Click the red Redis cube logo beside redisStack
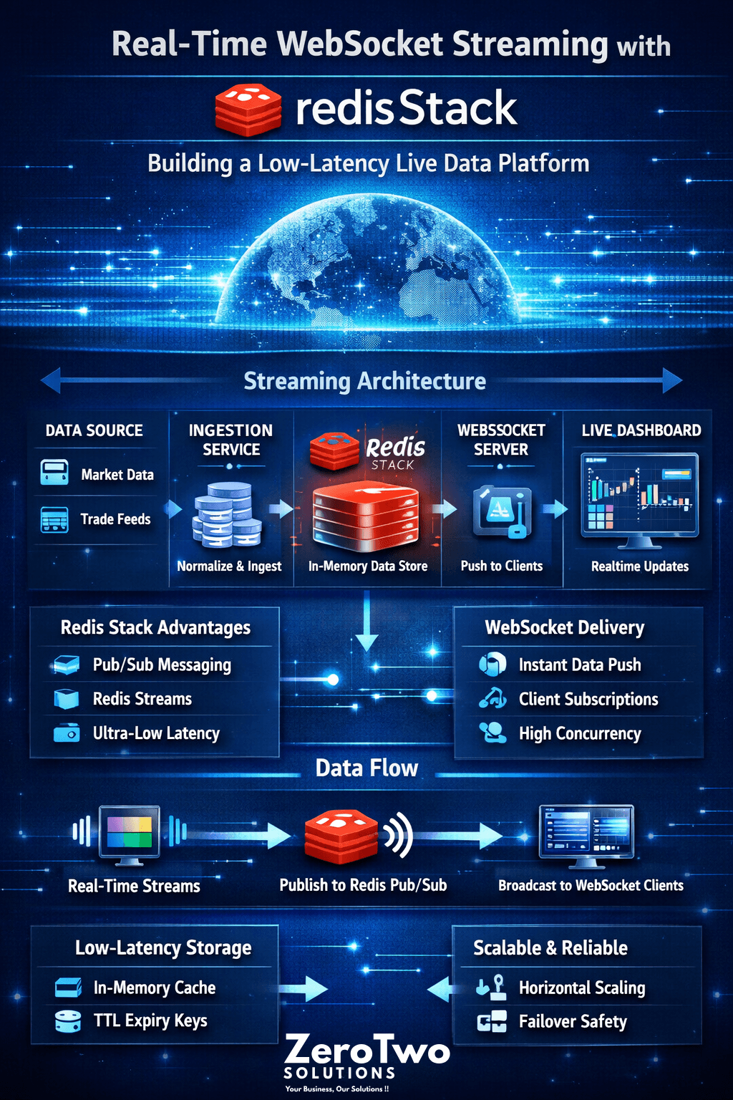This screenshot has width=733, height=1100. coord(248,110)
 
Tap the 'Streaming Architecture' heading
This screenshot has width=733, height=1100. coord(364,381)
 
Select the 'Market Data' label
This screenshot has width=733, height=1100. coord(117,475)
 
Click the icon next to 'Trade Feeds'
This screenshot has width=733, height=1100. coord(54,519)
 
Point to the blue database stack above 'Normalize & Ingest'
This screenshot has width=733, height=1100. coord(227,513)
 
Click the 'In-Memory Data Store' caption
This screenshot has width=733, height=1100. coord(368,566)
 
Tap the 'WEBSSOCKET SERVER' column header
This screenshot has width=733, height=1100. coord(501,440)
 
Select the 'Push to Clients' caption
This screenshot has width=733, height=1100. coord(502,566)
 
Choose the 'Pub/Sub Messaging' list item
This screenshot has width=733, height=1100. coord(162,665)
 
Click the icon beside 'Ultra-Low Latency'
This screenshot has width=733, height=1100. coord(67,733)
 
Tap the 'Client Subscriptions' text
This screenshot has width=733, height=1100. coord(588,700)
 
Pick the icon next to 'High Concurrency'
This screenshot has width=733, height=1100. coord(492,733)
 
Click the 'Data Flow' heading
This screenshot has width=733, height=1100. coord(366,768)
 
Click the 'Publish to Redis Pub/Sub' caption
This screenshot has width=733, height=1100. coord(363,885)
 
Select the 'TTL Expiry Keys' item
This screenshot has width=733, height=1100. coord(150,1021)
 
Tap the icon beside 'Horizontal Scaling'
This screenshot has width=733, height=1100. coord(492,988)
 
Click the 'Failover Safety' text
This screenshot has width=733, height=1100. coord(573,1021)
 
